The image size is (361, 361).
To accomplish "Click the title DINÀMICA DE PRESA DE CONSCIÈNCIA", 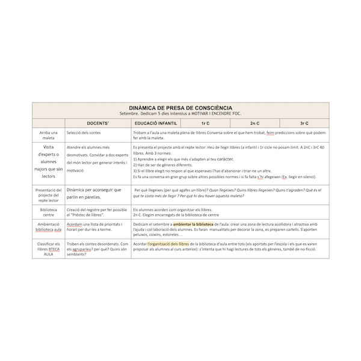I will pos(180,107).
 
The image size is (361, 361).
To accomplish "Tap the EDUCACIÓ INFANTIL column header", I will pos(155,122).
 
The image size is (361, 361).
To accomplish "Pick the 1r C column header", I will pos(205,122).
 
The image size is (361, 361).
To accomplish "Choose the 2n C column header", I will pos(255,122).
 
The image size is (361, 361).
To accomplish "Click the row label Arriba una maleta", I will pos(49,135).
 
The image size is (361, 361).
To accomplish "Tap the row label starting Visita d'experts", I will pos(49,163).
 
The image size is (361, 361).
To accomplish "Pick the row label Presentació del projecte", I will pos(49,194).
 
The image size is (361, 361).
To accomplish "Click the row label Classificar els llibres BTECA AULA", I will pos(49,249).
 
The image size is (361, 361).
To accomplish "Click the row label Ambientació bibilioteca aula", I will pos(49,226).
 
